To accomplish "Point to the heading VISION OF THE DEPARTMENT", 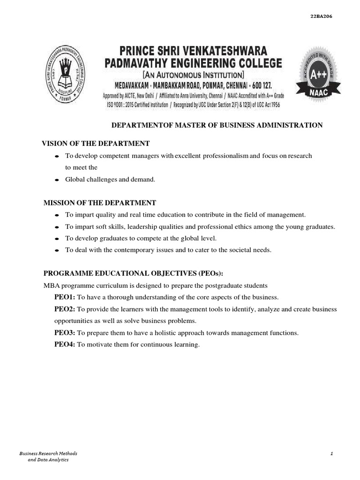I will click(96, 143).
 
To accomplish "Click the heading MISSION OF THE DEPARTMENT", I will click(99, 202).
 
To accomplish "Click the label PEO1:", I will click(65, 297).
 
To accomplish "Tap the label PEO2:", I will click(65, 309).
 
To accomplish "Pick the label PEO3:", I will click(65, 333).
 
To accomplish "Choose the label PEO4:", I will click(65, 345).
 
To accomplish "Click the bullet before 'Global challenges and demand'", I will click(57, 180).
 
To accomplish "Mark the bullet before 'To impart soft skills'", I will click(57, 227).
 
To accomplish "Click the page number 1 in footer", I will click(331, 454).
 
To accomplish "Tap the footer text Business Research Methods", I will click(48, 454).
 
